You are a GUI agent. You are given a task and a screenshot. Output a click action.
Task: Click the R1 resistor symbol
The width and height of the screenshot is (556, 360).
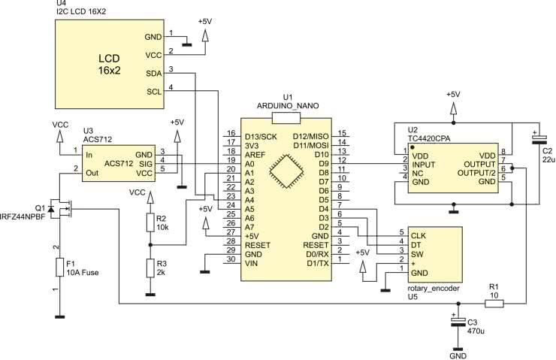point(494,303)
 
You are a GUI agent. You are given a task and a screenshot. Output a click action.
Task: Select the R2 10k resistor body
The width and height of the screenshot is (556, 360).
point(150,222)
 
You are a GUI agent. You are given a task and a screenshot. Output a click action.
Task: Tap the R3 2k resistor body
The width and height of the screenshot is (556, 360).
point(150,268)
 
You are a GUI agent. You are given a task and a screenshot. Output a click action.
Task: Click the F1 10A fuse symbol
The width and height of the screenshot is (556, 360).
point(59,267)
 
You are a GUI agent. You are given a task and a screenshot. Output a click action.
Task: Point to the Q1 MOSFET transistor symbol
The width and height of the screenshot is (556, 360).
point(61,208)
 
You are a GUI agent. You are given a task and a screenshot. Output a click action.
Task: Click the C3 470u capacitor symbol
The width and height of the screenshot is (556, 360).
point(458,322)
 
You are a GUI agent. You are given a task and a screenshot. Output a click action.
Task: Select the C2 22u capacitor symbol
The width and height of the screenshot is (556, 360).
point(539,138)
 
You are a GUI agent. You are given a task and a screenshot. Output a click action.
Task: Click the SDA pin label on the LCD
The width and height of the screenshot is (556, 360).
point(154,74)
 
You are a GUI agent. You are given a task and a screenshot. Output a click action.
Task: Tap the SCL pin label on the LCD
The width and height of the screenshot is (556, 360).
point(154,92)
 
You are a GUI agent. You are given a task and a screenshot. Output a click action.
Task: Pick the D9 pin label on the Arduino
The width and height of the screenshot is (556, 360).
point(323,164)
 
